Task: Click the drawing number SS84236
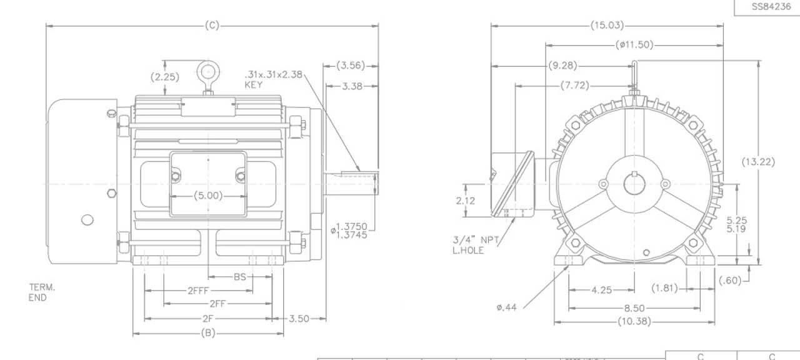[x=771, y=6]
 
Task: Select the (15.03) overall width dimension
[x=607, y=26]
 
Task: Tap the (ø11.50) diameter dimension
[x=634, y=44]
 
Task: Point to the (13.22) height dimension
[x=758, y=162]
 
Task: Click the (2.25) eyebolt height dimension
[x=164, y=77]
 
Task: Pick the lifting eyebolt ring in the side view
[x=208, y=72]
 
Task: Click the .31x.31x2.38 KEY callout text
[x=273, y=79]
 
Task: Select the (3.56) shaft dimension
[x=351, y=66]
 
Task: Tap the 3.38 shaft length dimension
[x=352, y=86]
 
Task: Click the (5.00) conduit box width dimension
[x=208, y=196]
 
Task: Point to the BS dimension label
[x=240, y=277]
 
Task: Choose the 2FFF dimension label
[x=198, y=291]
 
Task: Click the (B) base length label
[x=208, y=333]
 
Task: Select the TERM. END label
[x=42, y=292]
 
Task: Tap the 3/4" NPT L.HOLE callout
[x=476, y=245]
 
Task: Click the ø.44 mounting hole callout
[x=506, y=307]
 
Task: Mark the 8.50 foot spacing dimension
[x=634, y=308]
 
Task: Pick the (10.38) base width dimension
[x=634, y=321]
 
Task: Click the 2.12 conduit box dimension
[x=466, y=201]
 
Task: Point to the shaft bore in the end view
[x=634, y=184]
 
